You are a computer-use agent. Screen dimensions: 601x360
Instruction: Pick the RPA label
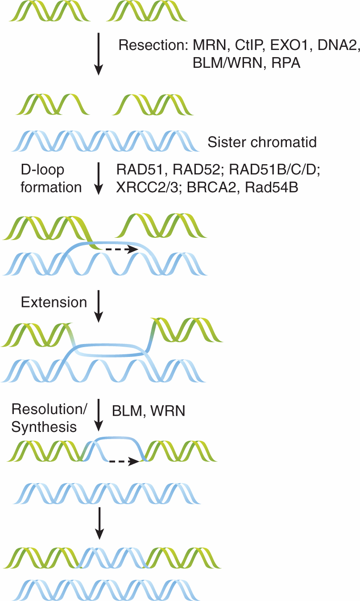click(285, 63)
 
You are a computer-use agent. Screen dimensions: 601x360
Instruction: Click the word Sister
click(226, 142)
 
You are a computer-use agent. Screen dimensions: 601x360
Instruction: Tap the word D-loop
click(43, 170)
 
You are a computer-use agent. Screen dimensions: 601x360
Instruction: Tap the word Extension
click(54, 302)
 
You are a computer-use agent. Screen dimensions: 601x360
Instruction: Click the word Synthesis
click(44, 427)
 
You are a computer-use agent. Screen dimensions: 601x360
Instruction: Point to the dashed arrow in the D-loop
click(120, 250)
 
